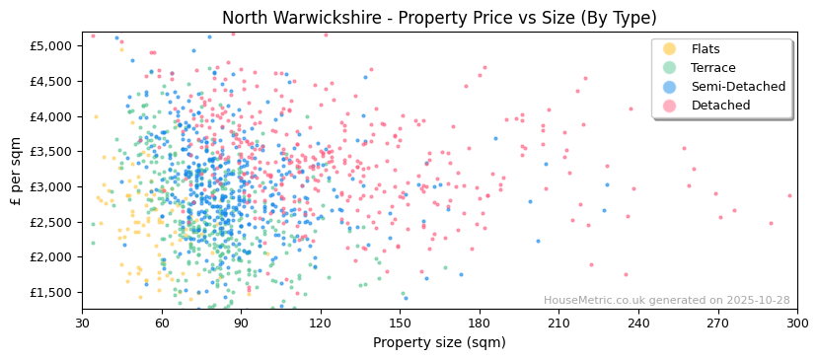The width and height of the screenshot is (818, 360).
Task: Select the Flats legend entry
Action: (706, 49)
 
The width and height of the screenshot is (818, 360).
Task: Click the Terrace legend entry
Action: (711, 68)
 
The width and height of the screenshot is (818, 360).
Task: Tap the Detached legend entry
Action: (720, 106)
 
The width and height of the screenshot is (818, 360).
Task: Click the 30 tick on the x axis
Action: (83, 323)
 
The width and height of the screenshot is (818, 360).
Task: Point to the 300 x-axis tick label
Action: (797, 323)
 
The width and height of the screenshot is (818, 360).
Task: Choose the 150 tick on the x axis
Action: (401, 323)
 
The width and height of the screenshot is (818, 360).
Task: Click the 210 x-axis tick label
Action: (559, 323)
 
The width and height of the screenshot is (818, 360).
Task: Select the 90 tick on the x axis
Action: (242, 323)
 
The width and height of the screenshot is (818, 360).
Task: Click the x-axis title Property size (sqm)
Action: (439, 342)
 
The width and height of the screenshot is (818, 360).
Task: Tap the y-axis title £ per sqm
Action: (17, 171)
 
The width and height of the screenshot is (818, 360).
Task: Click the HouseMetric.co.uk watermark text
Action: (667, 301)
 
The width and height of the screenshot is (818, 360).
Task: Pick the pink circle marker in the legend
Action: (669, 106)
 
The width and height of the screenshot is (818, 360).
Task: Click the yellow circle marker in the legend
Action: (669, 49)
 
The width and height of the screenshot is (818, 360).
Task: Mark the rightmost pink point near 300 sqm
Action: (789, 195)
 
